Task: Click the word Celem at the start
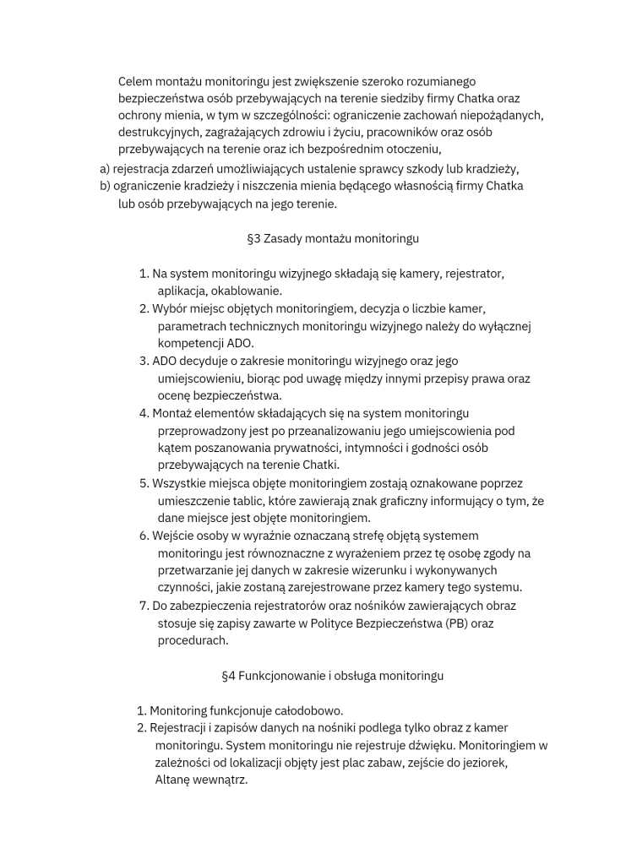pos(135,81)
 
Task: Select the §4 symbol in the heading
pos(228,676)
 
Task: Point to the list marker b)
pos(106,186)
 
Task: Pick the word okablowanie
pos(221,291)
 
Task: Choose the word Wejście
pos(174,536)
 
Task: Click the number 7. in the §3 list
pos(144,606)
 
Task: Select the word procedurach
pos(193,641)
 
